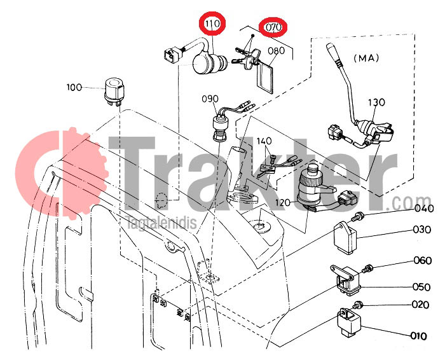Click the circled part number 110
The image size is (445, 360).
(x=212, y=24)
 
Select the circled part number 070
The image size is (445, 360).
(x=273, y=27)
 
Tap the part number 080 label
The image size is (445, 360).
(x=276, y=50)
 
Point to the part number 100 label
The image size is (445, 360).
(x=74, y=87)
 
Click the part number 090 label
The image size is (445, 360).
(x=210, y=99)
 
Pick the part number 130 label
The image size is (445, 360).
(x=376, y=102)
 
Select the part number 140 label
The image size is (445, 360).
(x=264, y=141)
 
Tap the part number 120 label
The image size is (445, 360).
(x=283, y=202)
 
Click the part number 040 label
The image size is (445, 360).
(x=424, y=209)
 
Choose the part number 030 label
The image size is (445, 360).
(x=422, y=229)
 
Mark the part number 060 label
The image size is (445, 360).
(x=423, y=260)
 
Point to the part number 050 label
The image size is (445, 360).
(x=421, y=287)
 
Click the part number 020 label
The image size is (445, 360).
(x=420, y=305)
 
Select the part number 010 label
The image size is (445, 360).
(x=418, y=336)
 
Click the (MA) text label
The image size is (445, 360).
(x=366, y=59)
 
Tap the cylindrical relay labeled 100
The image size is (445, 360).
(x=114, y=91)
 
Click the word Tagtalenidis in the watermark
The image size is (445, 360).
(x=161, y=223)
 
